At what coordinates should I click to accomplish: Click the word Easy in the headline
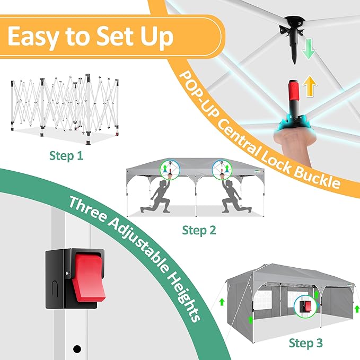(32, 36)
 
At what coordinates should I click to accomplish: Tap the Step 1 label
(66, 156)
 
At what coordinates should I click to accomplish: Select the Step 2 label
(199, 230)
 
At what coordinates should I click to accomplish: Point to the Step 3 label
(305, 343)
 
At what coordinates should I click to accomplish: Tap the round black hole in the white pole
(77, 349)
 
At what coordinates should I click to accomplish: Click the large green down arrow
(308, 49)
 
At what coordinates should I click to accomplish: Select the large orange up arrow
(310, 86)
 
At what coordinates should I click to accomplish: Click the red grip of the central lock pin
(293, 91)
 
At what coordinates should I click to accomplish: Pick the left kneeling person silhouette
(159, 196)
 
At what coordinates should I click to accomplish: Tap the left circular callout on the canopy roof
(170, 170)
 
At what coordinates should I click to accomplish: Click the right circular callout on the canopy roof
(222, 170)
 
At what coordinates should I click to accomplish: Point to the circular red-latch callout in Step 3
(305, 306)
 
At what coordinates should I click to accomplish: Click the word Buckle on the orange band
(317, 174)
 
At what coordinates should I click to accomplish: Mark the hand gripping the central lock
(292, 143)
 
